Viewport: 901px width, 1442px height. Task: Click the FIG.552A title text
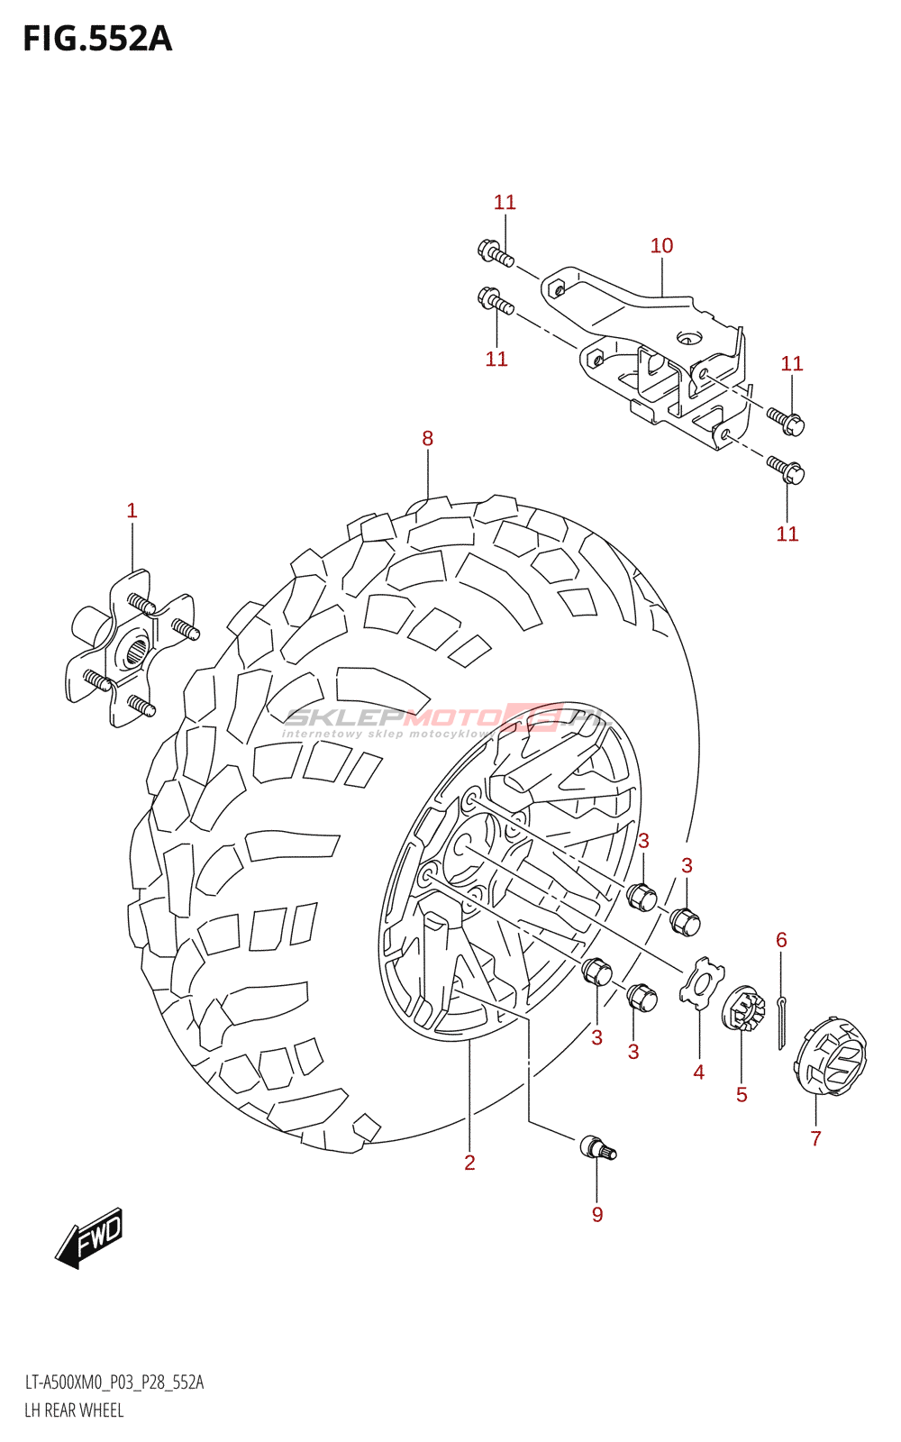(x=97, y=39)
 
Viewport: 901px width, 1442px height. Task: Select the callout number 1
(x=132, y=511)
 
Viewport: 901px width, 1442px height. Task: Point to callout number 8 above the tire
(x=427, y=439)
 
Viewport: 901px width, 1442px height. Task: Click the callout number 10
(x=661, y=246)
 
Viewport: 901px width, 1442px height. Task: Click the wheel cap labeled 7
(x=830, y=1055)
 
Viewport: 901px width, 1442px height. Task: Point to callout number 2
(x=469, y=1163)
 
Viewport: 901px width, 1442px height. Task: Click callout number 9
(x=597, y=1215)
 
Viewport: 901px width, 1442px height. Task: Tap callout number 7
(x=815, y=1138)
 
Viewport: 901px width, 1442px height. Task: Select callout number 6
(x=781, y=940)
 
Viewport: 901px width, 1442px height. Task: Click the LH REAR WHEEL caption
(x=74, y=1410)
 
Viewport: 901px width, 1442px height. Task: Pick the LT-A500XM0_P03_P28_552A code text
(x=114, y=1383)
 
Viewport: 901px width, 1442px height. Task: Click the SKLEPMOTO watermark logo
(x=446, y=720)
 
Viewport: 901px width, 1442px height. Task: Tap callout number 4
(x=698, y=1072)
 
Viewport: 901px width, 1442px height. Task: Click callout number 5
(x=742, y=1095)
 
